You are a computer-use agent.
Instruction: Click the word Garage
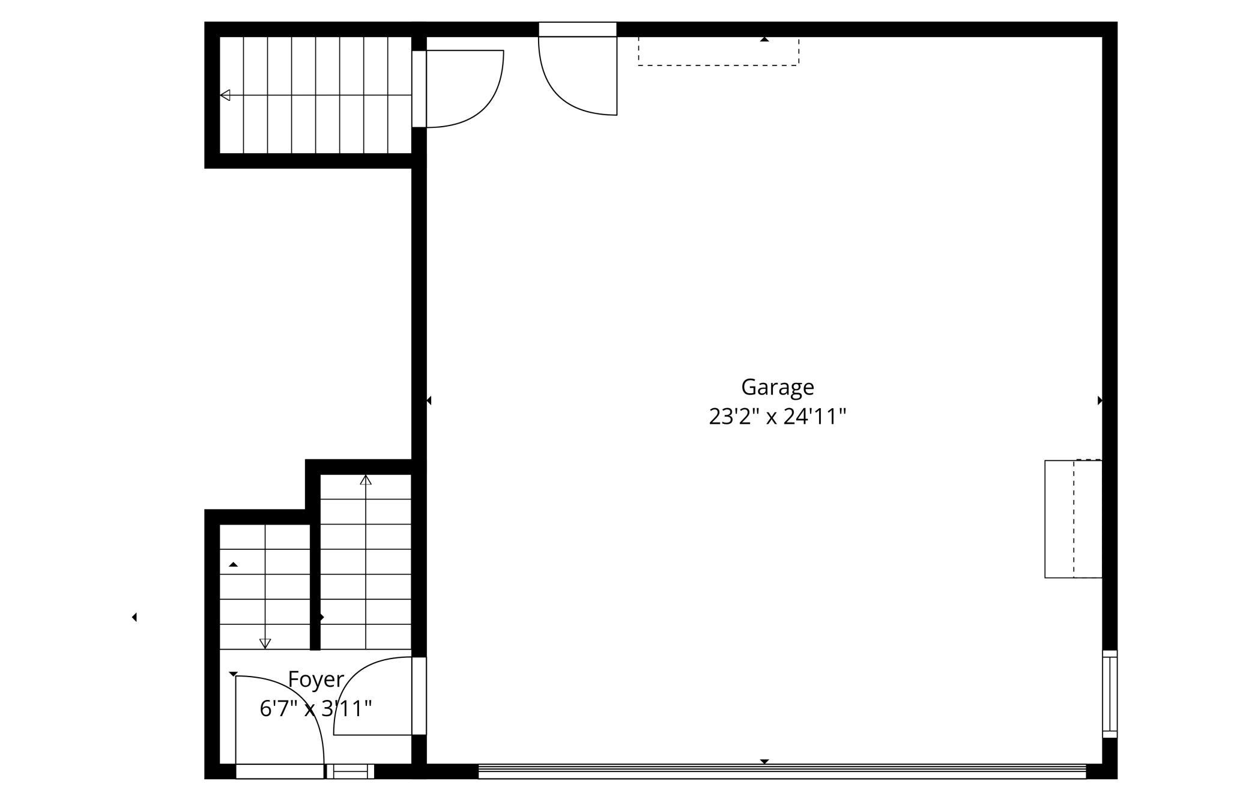(x=778, y=388)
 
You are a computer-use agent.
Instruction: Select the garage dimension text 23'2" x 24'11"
(x=778, y=417)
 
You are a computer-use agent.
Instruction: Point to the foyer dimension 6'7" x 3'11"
(x=316, y=709)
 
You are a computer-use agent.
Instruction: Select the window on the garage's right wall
(x=1110, y=694)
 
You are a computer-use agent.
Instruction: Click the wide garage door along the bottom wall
(x=782, y=771)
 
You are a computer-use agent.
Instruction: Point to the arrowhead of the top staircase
(x=225, y=95)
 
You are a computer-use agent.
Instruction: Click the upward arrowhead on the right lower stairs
(x=366, y=480)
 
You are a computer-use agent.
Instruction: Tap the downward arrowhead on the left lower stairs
(x=265, y=644)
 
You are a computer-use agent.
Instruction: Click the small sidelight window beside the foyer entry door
(x=350, y=771)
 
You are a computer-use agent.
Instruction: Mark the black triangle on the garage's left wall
(x=429, y=400)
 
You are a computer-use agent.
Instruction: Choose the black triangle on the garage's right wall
(x=1100, y=400)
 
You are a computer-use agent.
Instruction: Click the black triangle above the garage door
(x=764, y=761)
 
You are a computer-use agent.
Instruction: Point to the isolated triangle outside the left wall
(x=135, y=617)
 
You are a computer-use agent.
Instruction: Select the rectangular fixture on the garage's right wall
(x=1074, y=519)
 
